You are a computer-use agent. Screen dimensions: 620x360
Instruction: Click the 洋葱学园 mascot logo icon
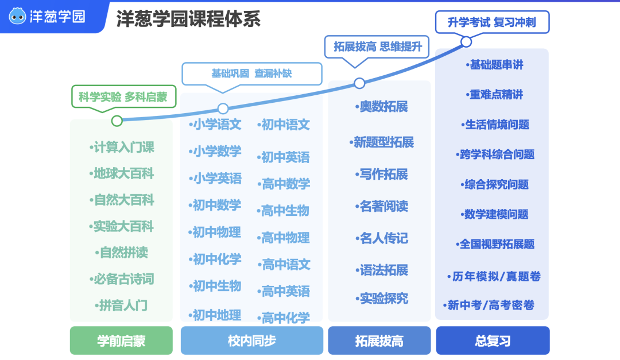coord(17,16)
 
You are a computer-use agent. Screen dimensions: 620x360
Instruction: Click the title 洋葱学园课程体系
coord(189,18)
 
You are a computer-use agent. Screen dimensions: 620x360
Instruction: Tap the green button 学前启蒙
coord(121,340)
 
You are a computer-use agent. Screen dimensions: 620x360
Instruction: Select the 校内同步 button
coord(252,340)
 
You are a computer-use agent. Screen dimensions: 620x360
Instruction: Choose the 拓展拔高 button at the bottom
coord(379,340)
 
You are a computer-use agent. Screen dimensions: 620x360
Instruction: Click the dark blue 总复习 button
coord(493,340)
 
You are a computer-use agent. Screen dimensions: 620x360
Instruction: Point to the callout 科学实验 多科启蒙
coord(123,97)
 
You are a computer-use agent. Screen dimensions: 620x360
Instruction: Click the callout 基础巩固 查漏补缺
coord(252,73)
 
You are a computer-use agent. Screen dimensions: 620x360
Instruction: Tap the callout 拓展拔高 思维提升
coord(377,47)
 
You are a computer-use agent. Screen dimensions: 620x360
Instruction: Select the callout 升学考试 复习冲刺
coord(493,22)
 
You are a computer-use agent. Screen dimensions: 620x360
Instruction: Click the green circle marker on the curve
coord(117,121)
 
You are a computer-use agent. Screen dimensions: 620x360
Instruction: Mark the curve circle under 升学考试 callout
coord(466,41)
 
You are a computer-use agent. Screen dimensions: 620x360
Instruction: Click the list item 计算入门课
coord(122,147)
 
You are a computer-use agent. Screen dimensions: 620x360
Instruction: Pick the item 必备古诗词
coord(122,279)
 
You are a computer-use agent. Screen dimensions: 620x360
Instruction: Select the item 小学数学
coord(215,151)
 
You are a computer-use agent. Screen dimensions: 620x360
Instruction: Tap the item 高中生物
coord(283,211)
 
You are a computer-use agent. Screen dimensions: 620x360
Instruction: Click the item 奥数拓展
coord(381,106)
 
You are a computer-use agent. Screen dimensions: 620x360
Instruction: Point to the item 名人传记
coord(381,238)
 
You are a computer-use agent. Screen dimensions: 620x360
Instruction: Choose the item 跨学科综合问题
coord(495,154)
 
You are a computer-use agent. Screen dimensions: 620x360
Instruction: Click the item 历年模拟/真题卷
coord(494,276)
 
